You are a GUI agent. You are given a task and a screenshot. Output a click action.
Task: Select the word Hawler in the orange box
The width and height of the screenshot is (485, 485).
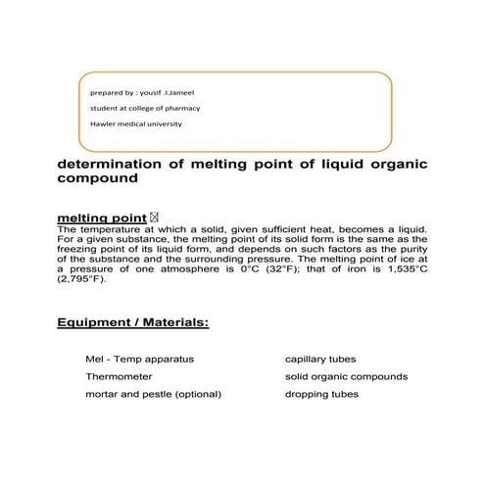click(x=102, y=123)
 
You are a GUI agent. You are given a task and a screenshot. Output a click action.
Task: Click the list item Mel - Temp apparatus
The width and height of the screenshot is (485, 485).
click(x=139, y=359)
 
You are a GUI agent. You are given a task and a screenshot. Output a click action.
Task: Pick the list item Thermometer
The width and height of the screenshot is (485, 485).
click(x=117, y=376)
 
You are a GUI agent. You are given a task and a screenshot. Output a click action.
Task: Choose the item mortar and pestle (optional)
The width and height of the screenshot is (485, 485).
click(x=153, y=394)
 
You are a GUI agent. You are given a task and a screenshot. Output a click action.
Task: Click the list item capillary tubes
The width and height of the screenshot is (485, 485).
click(x=320, y=359)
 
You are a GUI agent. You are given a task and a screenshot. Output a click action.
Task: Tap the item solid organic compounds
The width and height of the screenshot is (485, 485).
click(x=346, y=376)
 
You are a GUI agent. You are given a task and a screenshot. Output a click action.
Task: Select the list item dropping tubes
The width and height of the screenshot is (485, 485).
click(x=321, y=394)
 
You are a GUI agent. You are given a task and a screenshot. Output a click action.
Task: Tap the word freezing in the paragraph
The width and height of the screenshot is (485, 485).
click(x=87, y=246)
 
